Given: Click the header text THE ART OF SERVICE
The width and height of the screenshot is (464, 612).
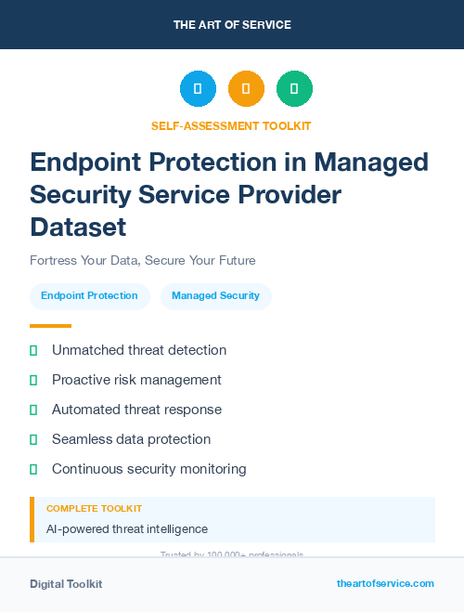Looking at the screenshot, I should [232, 25].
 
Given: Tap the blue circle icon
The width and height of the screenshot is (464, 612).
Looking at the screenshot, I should [198, 89].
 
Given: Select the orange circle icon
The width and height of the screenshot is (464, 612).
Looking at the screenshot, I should [246, 89].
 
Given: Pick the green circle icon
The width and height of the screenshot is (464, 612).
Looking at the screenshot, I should [294, 89].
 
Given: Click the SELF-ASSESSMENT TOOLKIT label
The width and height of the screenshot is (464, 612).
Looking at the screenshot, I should [231, 125].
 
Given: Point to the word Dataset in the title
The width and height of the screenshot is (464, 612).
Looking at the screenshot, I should [78, 226].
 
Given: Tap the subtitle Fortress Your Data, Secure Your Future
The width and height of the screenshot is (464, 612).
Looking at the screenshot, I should [142, 260].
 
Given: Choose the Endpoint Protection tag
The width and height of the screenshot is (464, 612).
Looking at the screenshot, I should [89, 296].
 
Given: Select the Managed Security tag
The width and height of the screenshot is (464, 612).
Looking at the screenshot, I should [215, 296].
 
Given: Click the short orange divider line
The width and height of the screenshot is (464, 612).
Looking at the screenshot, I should [50, 326].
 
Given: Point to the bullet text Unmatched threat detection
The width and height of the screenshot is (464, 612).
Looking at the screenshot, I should [139, 350].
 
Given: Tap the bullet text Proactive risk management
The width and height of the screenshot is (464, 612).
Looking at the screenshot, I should [136, 380].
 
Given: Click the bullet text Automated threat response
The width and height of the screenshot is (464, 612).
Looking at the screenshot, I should [136, 410].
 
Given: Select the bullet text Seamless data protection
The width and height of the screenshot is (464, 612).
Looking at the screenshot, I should [131, 439].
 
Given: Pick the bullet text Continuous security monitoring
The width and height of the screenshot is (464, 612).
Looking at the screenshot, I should [148, 469].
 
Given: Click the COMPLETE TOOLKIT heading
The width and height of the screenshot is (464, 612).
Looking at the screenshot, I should [94, 509].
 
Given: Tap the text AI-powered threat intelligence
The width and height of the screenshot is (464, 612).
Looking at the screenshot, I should [126, 529].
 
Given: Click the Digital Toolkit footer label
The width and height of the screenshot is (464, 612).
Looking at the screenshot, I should [66, 584].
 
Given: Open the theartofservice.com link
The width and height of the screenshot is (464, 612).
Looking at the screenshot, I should [385, 583].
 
